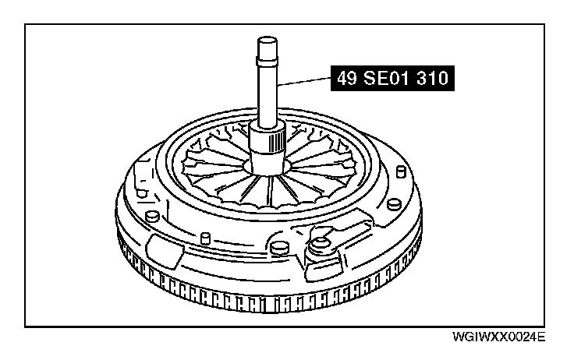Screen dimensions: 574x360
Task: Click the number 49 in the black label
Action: tap(346, 78)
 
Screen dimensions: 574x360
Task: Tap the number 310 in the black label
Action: tap(433, 78)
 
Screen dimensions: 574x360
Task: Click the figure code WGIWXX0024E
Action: tap(498, 337)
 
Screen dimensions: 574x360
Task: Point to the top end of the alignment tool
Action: tap(268, 39)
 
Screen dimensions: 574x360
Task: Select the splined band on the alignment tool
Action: tap(277, 142)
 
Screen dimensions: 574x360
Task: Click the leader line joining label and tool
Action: tap(304, 81)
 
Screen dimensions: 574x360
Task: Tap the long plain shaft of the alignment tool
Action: tap(268, 96)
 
